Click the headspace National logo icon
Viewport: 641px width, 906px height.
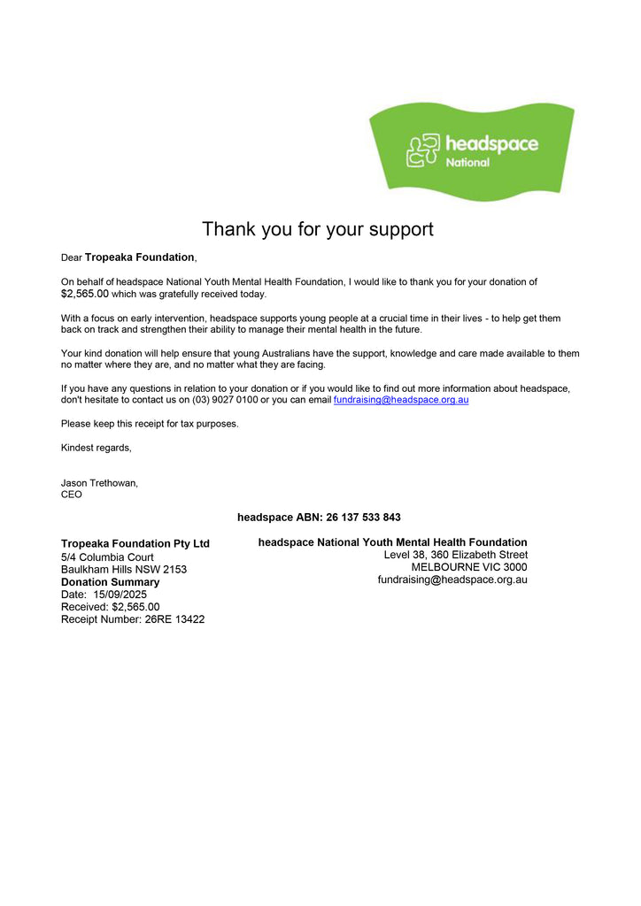click(x=422, y=150)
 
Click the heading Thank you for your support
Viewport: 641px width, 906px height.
click(x=318, y=229)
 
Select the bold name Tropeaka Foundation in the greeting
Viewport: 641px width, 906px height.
click(x=139, y=257)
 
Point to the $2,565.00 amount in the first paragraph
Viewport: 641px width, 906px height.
click(x=85, y=294)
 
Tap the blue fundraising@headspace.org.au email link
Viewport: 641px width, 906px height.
click(x=401, y=400)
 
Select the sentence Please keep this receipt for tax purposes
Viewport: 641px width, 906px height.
click(x=150, y=424)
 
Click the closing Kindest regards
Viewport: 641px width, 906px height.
click(x=96, y=448)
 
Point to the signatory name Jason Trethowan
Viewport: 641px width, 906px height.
click(x=99, y=483)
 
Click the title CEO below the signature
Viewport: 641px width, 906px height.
click(x=71, y=495)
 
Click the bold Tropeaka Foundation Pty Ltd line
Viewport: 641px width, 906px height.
click(x=135, y=543)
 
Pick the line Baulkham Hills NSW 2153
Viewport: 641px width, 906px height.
click(x=123, y=570)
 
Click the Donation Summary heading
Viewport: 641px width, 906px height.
click(x=110, y=582)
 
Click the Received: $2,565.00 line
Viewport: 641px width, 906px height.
click(x=110, y=607)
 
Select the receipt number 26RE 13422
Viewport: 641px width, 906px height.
click(x=174, y=619)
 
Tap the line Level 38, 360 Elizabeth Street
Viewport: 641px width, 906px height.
click(x=455, y=555)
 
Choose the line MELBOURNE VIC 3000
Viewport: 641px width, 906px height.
click(x=468, y=567)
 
